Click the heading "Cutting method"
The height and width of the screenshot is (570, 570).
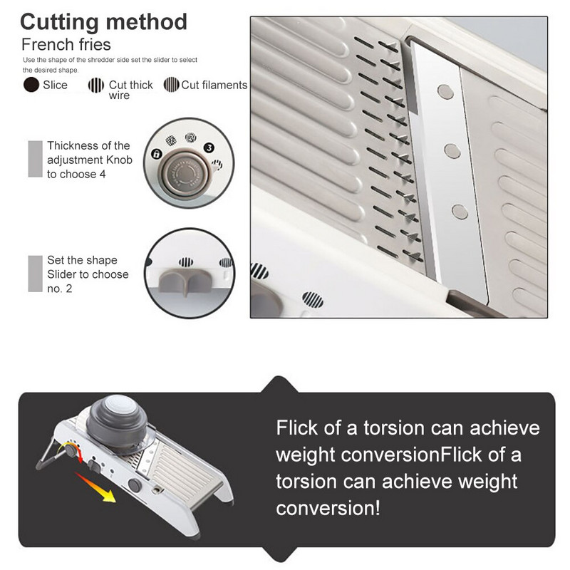[x=103, y=23]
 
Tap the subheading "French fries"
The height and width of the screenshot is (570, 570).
[x=66, y=45]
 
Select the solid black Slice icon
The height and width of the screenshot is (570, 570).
[x=31, y=85]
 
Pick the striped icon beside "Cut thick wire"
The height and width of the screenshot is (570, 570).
[x=96, y=85]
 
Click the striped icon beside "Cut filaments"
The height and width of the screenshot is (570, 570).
[x=171, y=85]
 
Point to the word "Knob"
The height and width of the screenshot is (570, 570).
[x=119, y=160]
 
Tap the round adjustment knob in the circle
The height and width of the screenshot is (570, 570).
[x=184, y=175]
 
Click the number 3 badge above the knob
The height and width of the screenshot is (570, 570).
[x=209, y=147]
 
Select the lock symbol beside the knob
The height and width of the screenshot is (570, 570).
[x=156, y=154]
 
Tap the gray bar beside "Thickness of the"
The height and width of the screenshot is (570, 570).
[x=35, y=159]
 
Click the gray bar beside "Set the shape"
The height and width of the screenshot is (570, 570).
[x=35, y=274]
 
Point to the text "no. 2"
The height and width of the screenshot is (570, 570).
[x=60, y=289]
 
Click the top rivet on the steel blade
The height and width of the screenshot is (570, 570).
[x=445, y=92]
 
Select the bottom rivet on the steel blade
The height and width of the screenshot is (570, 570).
[x=460, y=212]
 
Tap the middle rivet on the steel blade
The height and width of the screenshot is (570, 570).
[x=452, y=151]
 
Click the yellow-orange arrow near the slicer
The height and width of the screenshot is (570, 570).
[x=95, y=487]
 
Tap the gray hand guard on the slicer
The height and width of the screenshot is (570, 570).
[x=118, y=423]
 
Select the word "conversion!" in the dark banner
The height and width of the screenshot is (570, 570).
[x=328, y=508]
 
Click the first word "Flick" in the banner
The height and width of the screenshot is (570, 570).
[x=296, y=427]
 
